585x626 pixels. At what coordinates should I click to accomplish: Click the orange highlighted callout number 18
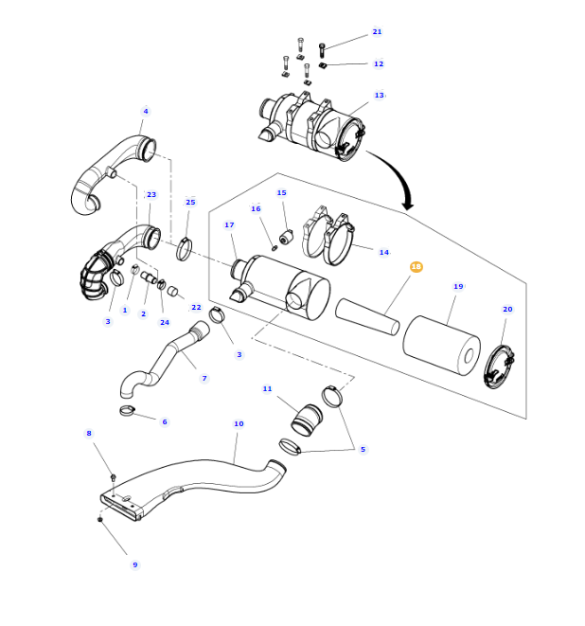416,266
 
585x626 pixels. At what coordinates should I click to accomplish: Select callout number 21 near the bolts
377,31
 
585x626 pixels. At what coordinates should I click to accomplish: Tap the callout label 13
379,95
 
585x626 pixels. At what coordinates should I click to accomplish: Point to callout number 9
134,564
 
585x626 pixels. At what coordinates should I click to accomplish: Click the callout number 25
190,202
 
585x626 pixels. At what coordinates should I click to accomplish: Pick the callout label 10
239,423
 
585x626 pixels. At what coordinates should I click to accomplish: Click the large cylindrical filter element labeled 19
441,346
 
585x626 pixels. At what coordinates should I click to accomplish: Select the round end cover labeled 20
499,367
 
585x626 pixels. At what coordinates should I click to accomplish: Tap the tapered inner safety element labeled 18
367,317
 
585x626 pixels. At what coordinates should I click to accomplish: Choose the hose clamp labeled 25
184,249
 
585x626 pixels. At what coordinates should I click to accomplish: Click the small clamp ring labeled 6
127,410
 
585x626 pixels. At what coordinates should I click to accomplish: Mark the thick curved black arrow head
407,204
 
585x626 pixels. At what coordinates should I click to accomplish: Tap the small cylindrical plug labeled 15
286,237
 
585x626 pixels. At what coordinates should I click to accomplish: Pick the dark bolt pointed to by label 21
322,50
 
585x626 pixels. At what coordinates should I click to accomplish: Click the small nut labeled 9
99,519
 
